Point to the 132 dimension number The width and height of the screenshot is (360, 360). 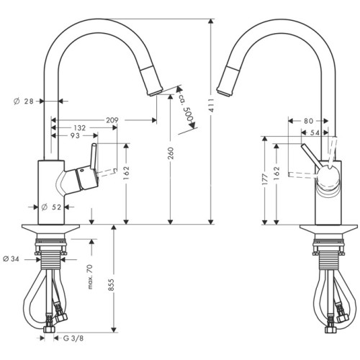(x=80, y=127)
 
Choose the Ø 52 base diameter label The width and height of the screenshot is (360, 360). (x=50, y=208)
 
